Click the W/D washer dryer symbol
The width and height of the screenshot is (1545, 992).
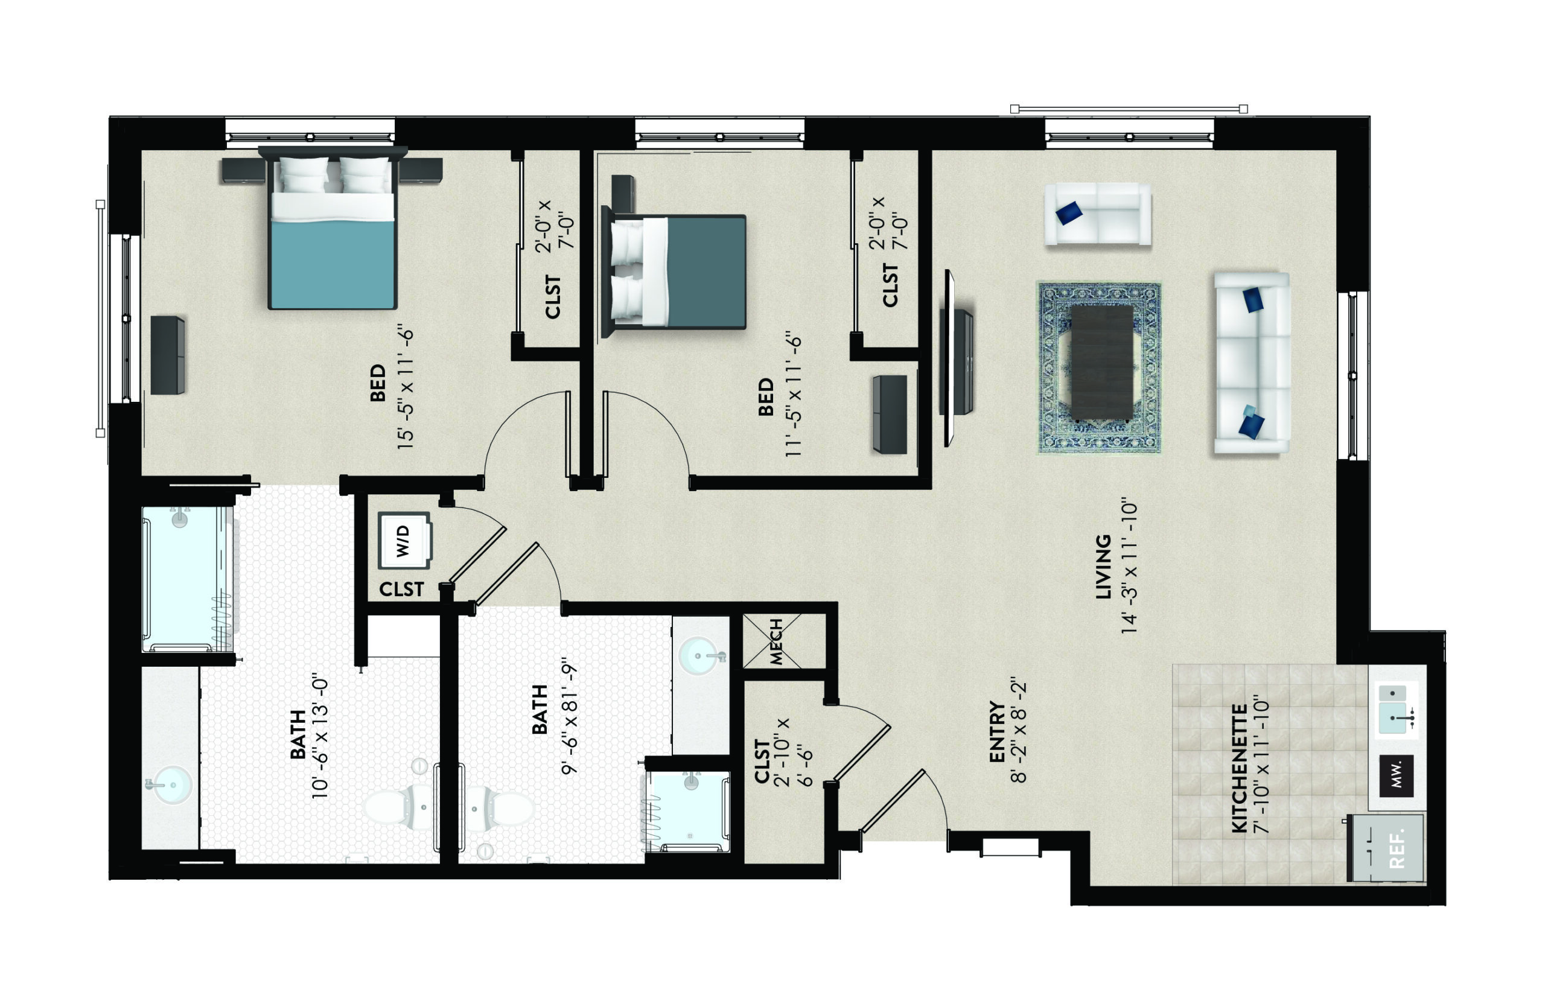tap(404, 540)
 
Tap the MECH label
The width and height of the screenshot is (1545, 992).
tap(776, 641)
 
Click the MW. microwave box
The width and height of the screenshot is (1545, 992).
tap(1396, 775)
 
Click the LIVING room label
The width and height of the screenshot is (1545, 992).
tap(1104, 567)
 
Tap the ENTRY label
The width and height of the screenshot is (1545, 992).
tap(998, 732)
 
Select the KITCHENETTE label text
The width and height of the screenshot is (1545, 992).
tap(1240, 769)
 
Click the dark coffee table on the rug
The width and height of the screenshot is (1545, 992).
tap(1102, 363)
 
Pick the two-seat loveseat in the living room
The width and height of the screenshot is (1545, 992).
tap(1097, 214)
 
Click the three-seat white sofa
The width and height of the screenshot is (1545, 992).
tap(1252, 363)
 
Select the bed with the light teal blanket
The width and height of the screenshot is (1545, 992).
tap(333, 229)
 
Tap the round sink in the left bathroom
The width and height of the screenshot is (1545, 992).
tap(171, 784)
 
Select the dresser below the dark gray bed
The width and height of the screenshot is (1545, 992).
tap(890, 415)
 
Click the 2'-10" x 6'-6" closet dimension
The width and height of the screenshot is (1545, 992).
tap(793, 752)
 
